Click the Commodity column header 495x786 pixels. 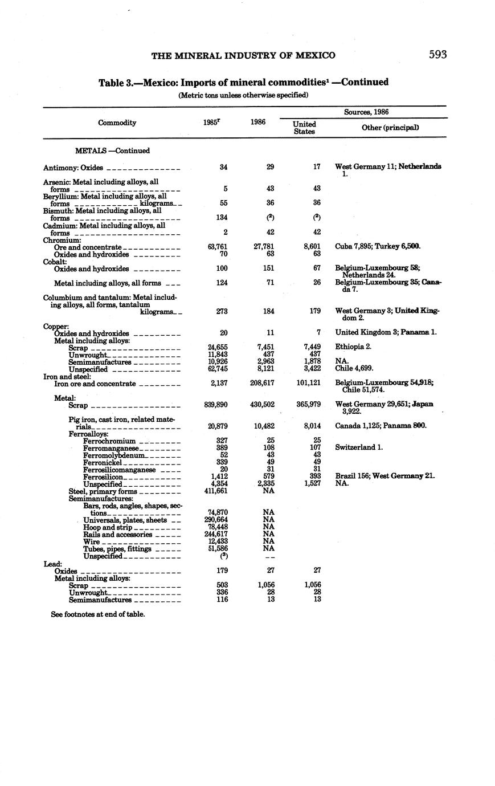(x=117, y=123)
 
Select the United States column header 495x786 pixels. (x=304, y=128)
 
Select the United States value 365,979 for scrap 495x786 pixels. (x=308, y=405)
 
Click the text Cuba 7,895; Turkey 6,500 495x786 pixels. (x=378, y=247)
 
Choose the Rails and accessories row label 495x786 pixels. (x=117, y=535)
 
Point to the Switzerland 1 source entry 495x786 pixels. (x=359, y=447)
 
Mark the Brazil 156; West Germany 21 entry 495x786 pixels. (x=384, y=476)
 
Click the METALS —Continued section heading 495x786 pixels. (x=112, y=151)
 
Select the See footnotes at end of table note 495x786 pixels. (x=97, y=614)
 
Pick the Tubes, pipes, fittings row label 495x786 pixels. (x=117, y=549)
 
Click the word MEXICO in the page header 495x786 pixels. (x=312, y=55)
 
